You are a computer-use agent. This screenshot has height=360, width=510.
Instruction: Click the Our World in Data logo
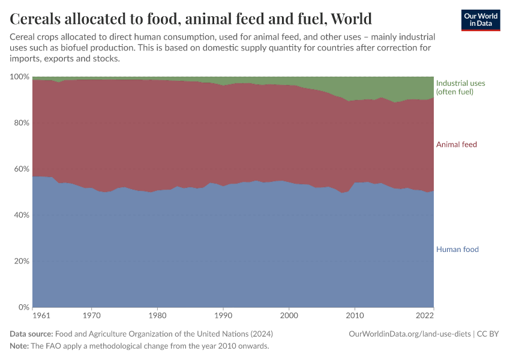tap(480, 20)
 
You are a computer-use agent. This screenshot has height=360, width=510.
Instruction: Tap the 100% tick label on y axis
tap(20, 77)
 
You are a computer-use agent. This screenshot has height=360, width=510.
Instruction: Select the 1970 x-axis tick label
tap(91, 316)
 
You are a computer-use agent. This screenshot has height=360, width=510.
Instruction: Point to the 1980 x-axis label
tap(157, 316)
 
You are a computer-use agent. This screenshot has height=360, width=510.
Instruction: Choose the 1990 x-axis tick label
tap(223, 316)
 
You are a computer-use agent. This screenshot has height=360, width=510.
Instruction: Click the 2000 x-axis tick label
tap(289, 316)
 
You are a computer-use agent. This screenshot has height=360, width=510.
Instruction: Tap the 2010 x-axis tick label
tap(355, 316)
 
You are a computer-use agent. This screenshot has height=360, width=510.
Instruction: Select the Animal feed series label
tap(456, 145)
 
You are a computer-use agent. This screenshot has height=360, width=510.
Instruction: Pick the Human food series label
tap(457, 250)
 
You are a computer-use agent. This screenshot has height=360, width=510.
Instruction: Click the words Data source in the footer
tap(31, 334)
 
